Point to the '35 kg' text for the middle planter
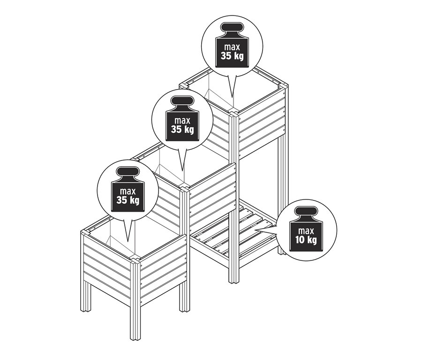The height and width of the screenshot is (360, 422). pyautogui.click(x=182, y=129)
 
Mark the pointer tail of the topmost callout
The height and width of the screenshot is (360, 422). pyautogui.click(x=231, y=89)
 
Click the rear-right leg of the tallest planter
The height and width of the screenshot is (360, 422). pyautogui.click(x=282, y=197)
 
